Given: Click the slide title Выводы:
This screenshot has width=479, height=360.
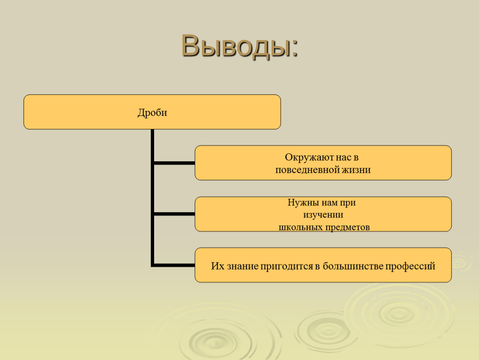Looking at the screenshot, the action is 239,46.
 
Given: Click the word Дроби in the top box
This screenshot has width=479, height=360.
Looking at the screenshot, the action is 152,113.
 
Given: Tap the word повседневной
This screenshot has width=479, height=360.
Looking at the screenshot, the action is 307,170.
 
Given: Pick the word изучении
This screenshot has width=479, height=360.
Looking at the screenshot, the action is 323,215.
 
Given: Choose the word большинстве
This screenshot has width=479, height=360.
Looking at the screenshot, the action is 352,266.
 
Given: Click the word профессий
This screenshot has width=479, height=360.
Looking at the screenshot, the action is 410,267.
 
